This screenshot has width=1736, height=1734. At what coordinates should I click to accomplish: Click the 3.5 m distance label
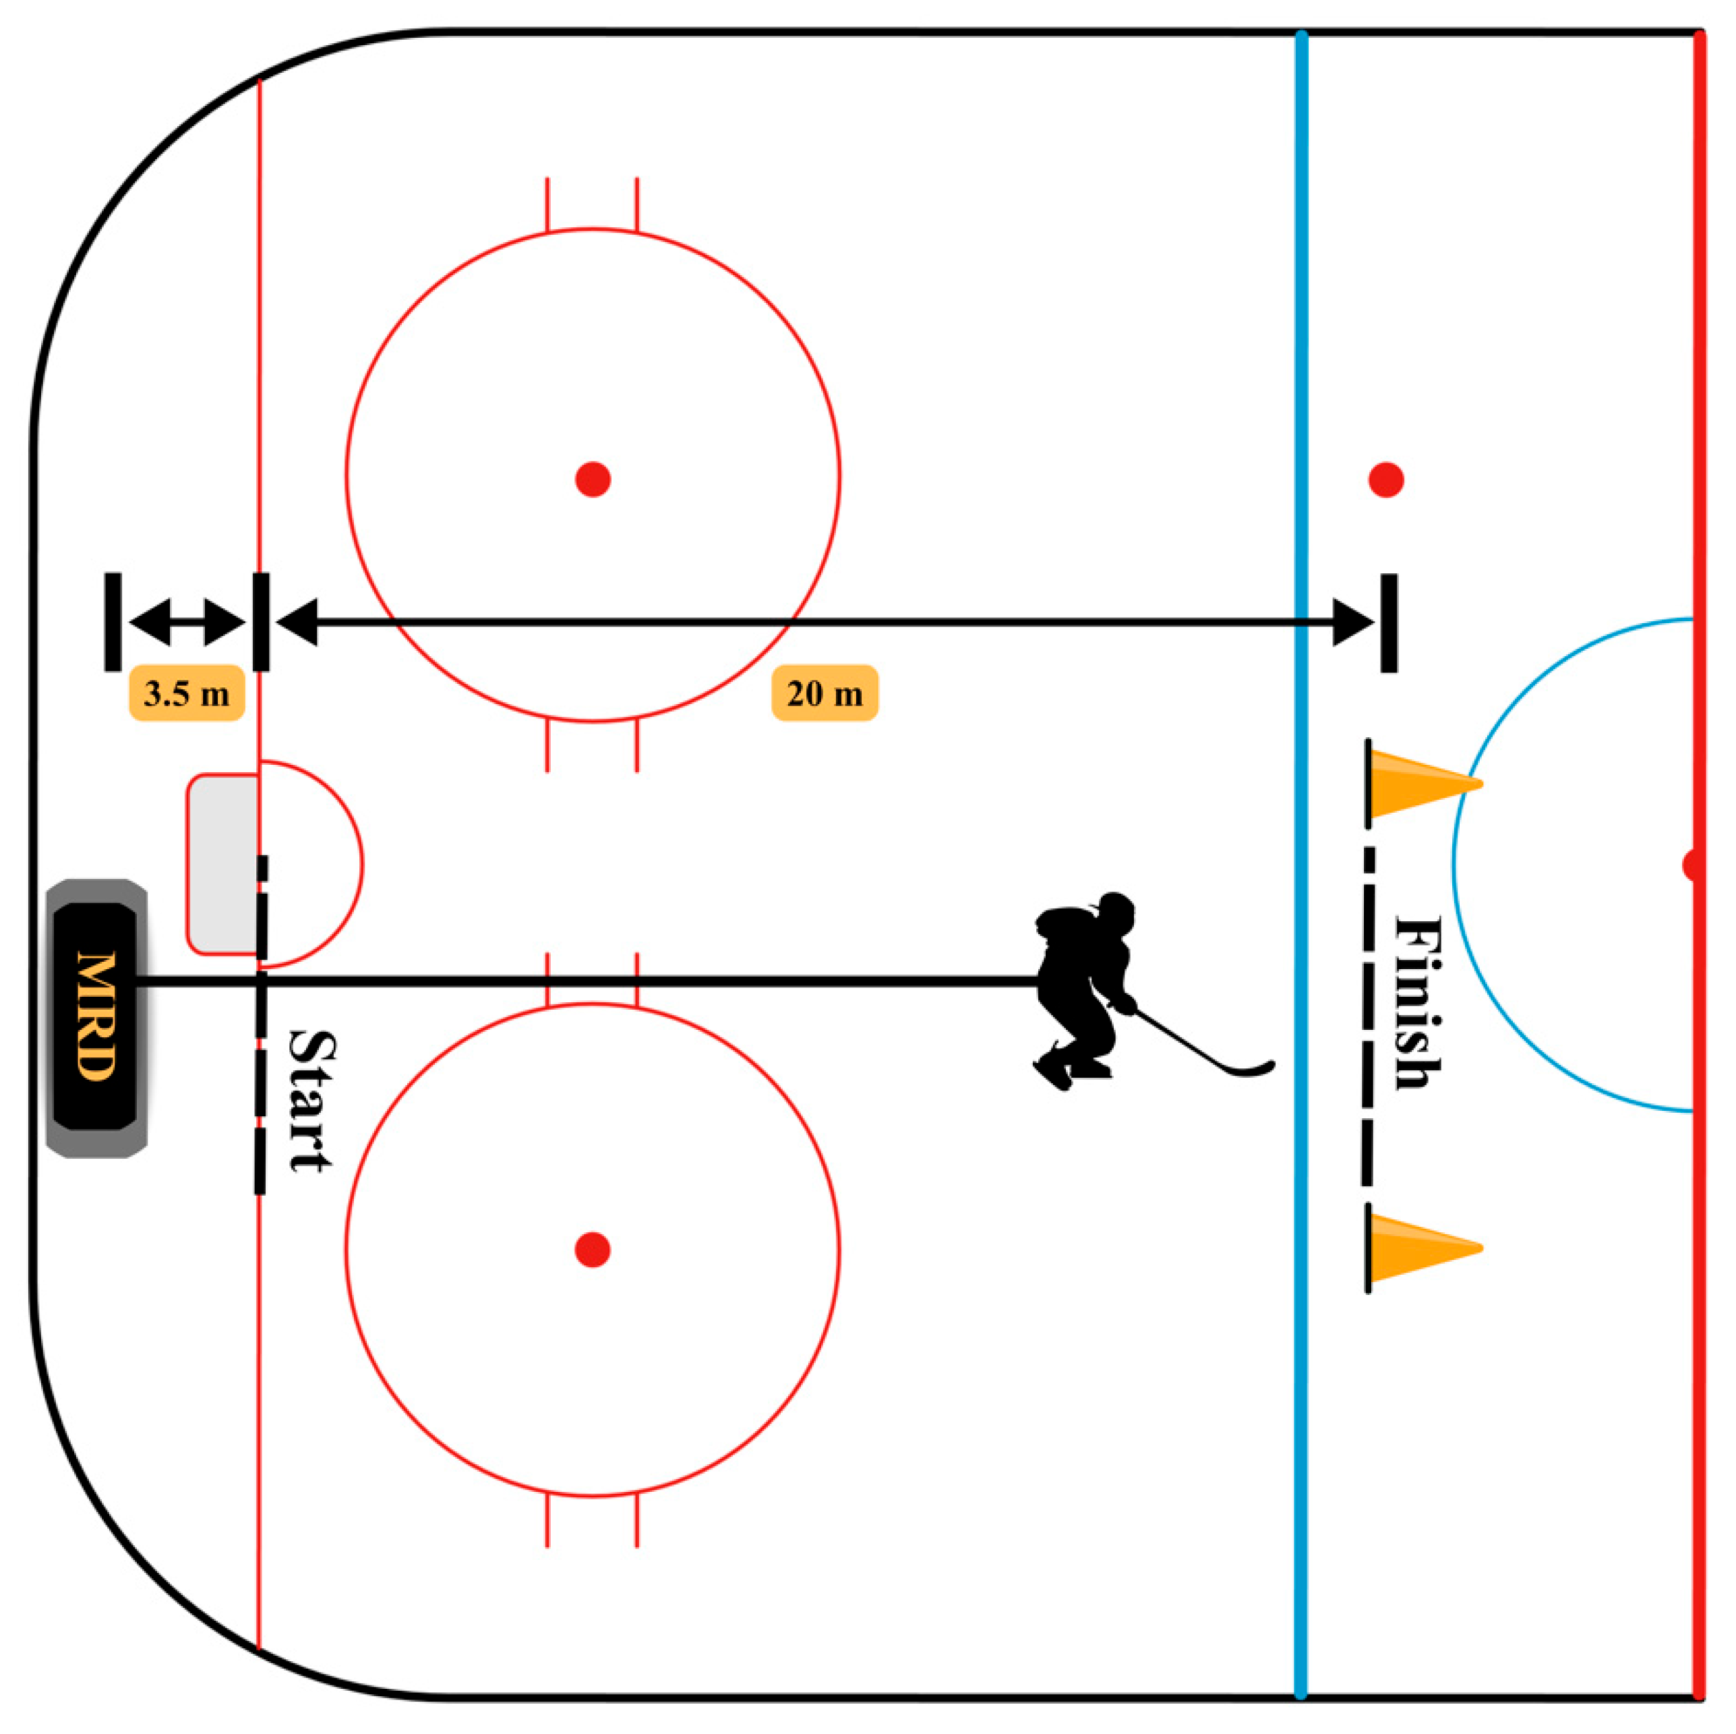(187, 693)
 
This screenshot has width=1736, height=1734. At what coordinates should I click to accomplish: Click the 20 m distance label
(824, 693)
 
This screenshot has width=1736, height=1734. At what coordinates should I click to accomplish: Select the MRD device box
(96, 1018)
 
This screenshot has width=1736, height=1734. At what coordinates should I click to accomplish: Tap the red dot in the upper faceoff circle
(593, 479)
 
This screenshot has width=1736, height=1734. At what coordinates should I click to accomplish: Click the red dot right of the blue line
(1387, 480)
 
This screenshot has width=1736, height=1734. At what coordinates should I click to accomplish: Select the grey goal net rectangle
(223, 864)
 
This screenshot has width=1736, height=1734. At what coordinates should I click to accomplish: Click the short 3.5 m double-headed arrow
(187, 622)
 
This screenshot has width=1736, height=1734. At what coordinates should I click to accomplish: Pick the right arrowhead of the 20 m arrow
(1353, 622)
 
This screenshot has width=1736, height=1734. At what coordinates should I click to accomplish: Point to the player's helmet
(1116, 913)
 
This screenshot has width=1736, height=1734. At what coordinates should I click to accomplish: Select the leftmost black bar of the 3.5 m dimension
(113, 621)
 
